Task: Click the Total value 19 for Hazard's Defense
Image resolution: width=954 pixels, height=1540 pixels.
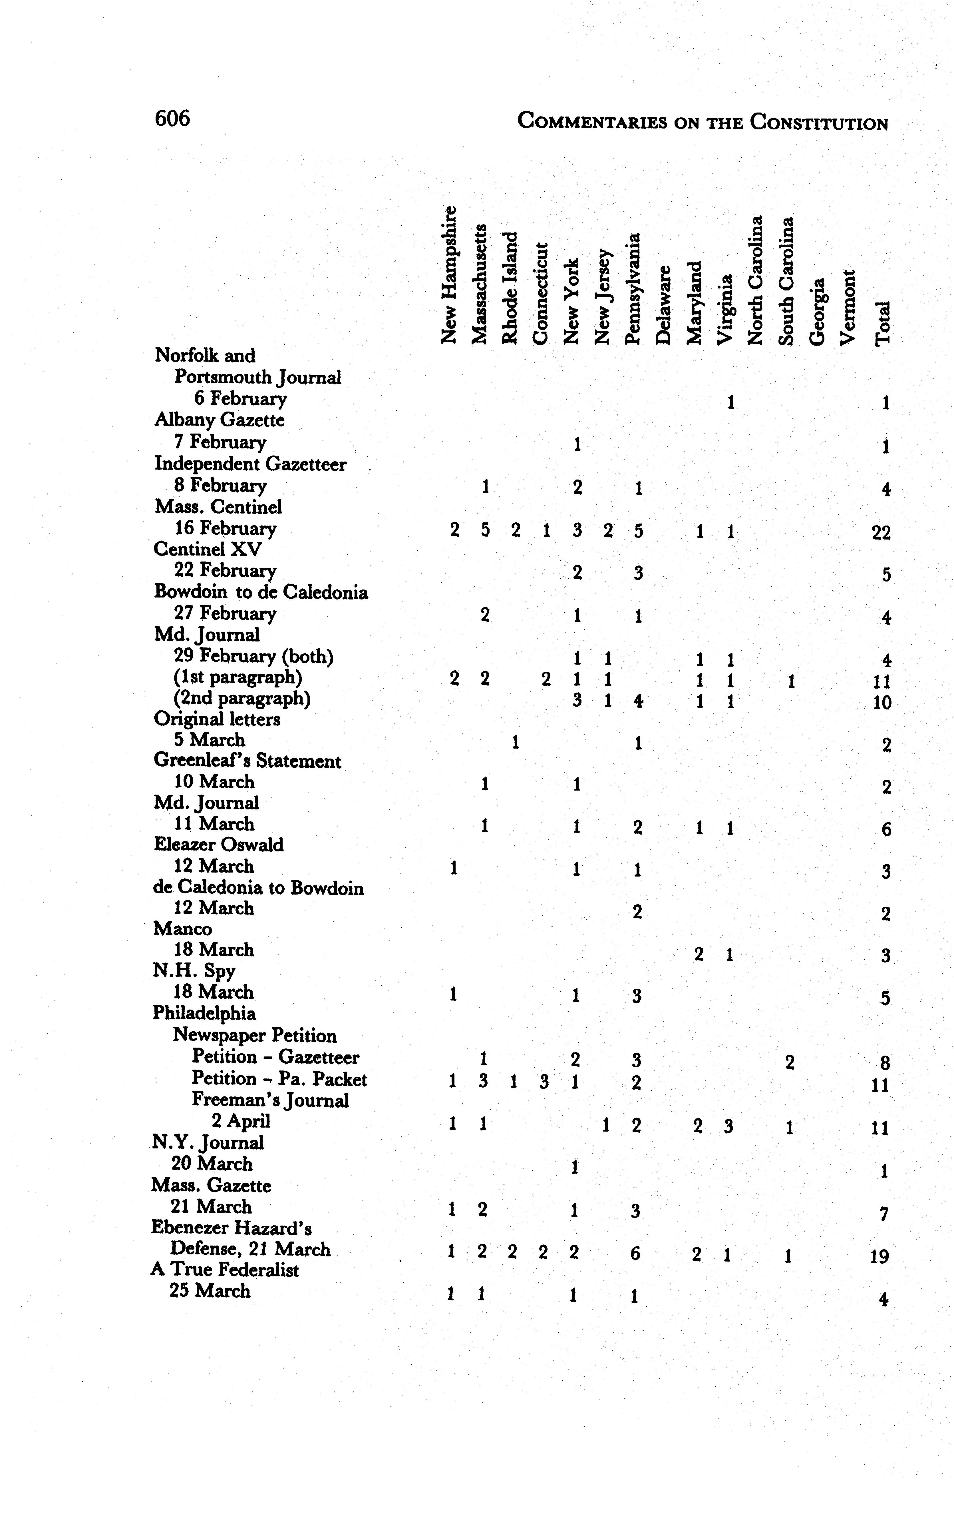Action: point(879,1256)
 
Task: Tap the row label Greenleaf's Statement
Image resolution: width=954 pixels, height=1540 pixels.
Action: point(247,761)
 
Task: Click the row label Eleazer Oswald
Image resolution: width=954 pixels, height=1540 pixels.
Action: point(218,845)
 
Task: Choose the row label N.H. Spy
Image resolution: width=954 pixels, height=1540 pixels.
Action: point(194,971)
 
